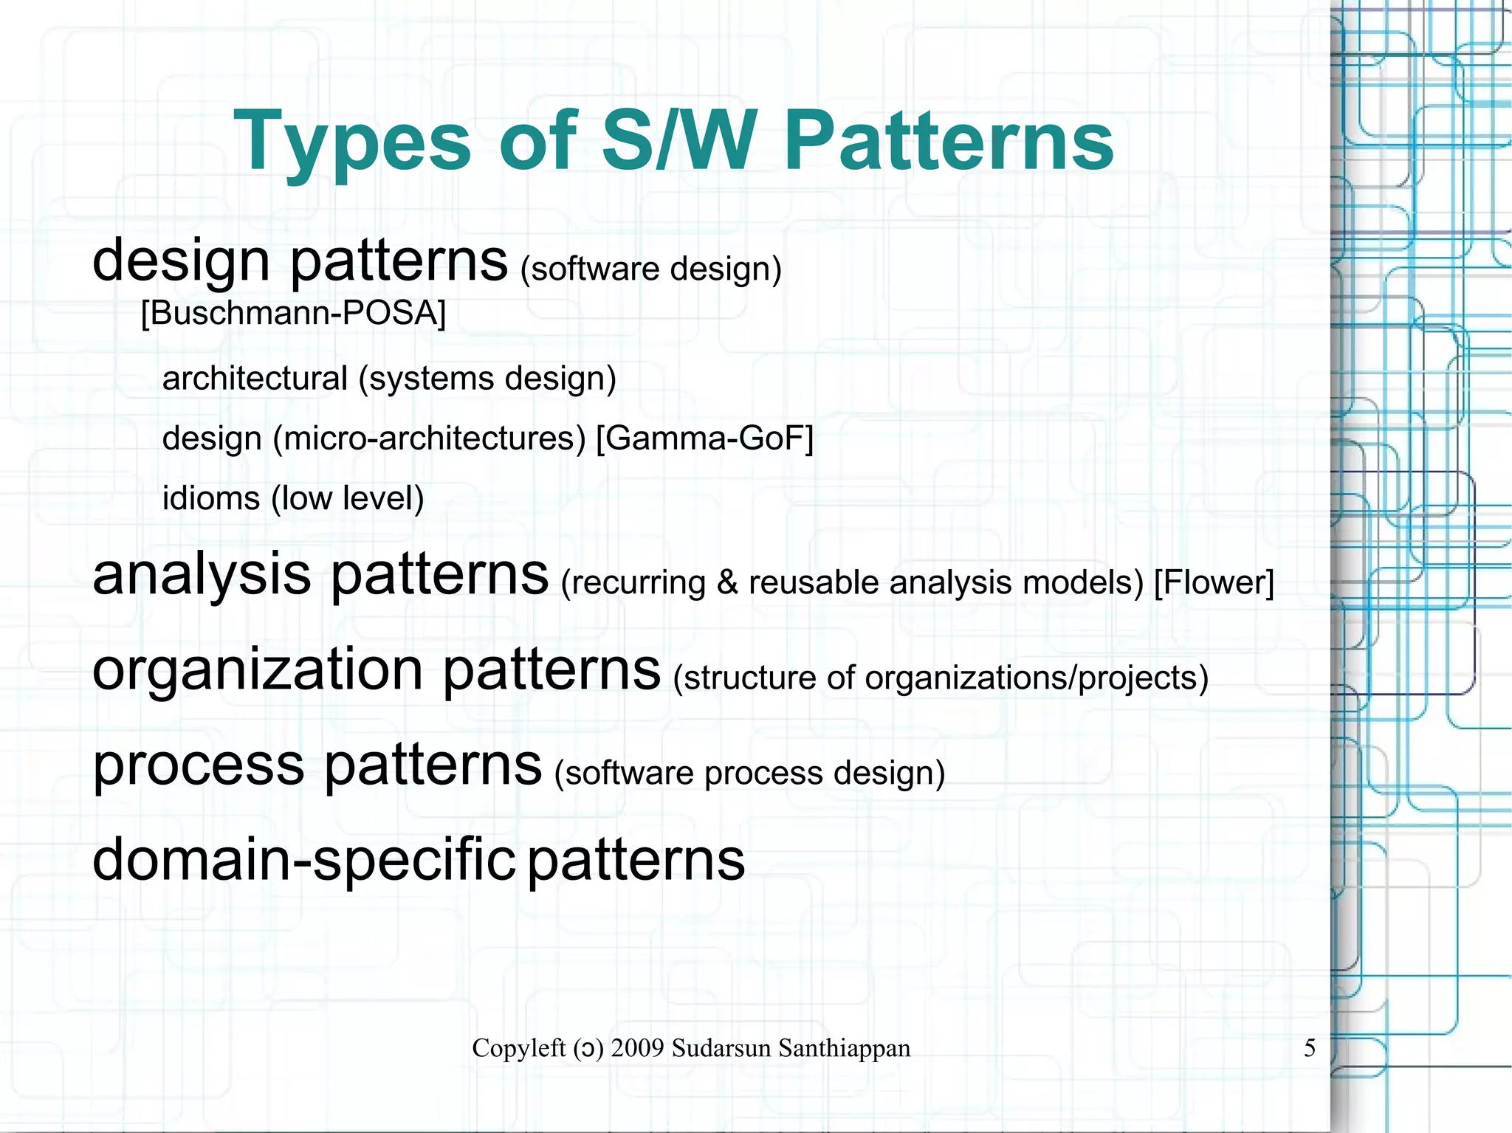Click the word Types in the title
click(352, 142)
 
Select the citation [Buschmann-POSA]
click(293, 313)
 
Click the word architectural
click(255, 379)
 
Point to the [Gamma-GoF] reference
click(704, 438)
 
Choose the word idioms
click(211, 498)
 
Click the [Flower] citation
click(1214, 582)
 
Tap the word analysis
click(202, 574)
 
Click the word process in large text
click(199, 765)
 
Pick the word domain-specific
click(303, 860)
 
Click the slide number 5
click(1310, 1048)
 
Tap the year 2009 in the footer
click(638, 1048)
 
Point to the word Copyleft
click(518, 1048)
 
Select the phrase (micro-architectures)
click(429, 438)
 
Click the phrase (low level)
click(348, 498)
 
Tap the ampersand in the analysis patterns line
click(727, 582)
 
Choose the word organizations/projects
click(1036, 678)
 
